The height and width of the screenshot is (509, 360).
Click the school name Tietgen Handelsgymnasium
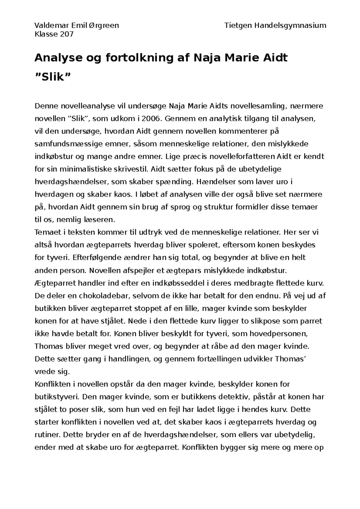click(275, 25)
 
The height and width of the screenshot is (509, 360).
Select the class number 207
click(66, 34)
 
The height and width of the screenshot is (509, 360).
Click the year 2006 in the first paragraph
click(150, 118)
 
